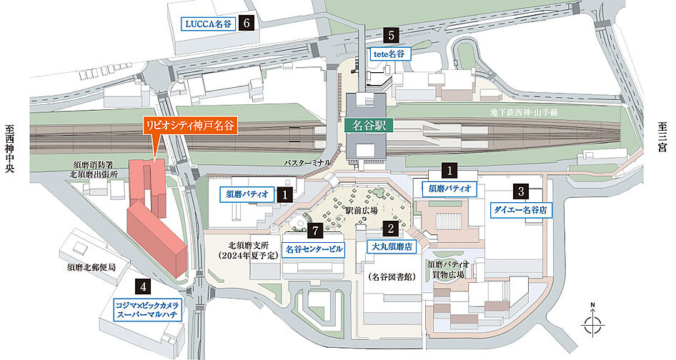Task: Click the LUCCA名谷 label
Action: tap(208, 24)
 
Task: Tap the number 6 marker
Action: tap(247, 23)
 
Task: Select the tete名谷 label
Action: tap(389, 54)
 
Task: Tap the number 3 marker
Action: tap(521, 191)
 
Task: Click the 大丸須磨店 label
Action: tap(390, 247)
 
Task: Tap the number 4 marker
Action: tap(144, 286)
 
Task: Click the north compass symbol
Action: tap(592, 325)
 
